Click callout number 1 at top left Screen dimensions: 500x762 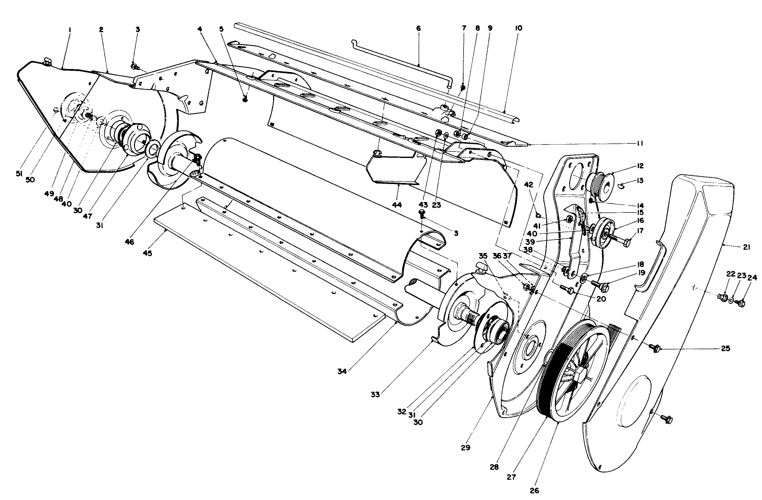tap(70, 30)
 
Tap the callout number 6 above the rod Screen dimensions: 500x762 tap(418, 29)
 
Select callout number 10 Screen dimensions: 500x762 tap(519, 29)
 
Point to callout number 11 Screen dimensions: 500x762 tap(639, 144)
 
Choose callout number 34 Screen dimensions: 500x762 tap(342, 372)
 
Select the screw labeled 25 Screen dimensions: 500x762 tap(655, 348)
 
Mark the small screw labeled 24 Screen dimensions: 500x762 tap(742, 303)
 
